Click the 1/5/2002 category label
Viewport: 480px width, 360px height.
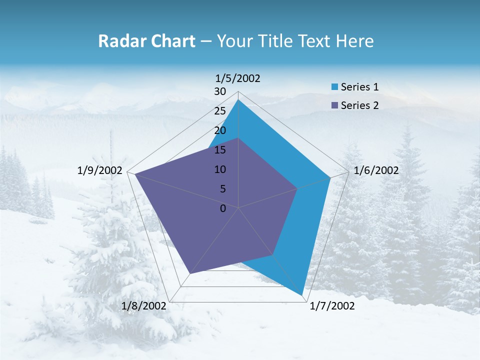(x=238, y=78)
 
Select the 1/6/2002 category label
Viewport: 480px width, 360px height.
(x=376, y=170)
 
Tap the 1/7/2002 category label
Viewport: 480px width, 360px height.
(x=332, y=306)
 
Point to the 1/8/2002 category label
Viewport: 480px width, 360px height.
(x=143, y=306)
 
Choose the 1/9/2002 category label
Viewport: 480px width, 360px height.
(x=100, y=170)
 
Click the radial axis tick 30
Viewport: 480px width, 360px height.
(x=220, y=91)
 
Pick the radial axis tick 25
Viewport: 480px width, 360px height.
(x=220, y=111)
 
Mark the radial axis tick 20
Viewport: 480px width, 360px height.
(x=220, y=130)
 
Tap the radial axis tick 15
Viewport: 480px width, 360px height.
(x=220, y=150)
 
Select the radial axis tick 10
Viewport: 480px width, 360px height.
(x=220, y=169)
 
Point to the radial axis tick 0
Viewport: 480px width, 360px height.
(x=223, y=208)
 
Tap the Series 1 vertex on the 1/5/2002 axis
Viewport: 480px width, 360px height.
(x=238, y=99)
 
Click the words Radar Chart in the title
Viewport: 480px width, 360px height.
(x=146, y=41)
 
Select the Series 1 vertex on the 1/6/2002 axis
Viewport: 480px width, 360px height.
(x=330, y=177)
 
